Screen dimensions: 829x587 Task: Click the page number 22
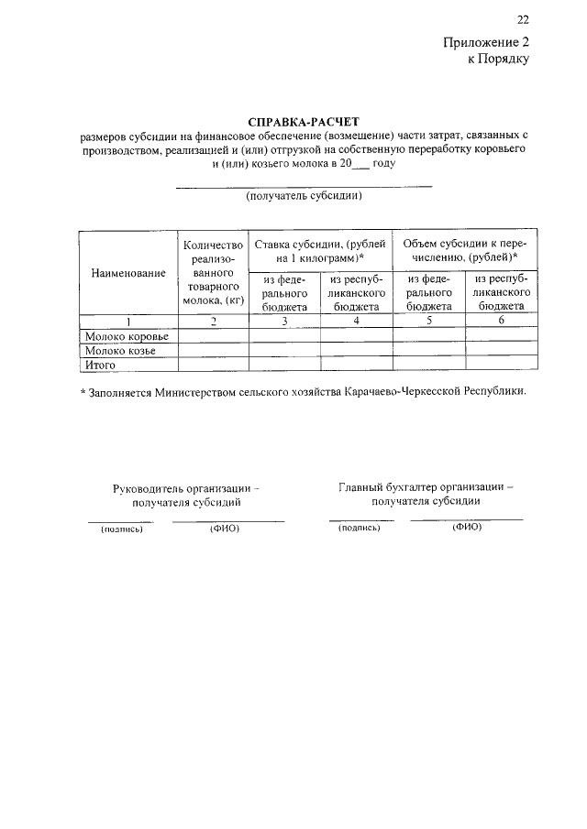[523, 20]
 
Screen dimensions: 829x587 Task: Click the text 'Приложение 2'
[487, 42]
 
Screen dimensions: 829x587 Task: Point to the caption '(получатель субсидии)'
[304, 196]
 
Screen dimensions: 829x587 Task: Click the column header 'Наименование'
[127, 273]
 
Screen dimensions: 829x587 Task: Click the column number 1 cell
[127, 322]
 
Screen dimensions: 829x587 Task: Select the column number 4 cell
[356, 322]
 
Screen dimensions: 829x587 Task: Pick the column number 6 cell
[502, 322]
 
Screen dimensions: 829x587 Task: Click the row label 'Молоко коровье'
[121, 336]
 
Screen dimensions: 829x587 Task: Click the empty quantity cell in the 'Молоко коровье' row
[213, 336]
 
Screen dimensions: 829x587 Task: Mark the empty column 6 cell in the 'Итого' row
[502, 365]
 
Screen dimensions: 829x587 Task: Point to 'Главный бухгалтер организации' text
[426, 487]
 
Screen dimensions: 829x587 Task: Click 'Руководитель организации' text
[186, 488]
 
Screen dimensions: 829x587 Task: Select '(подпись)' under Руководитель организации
[122, 529]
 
